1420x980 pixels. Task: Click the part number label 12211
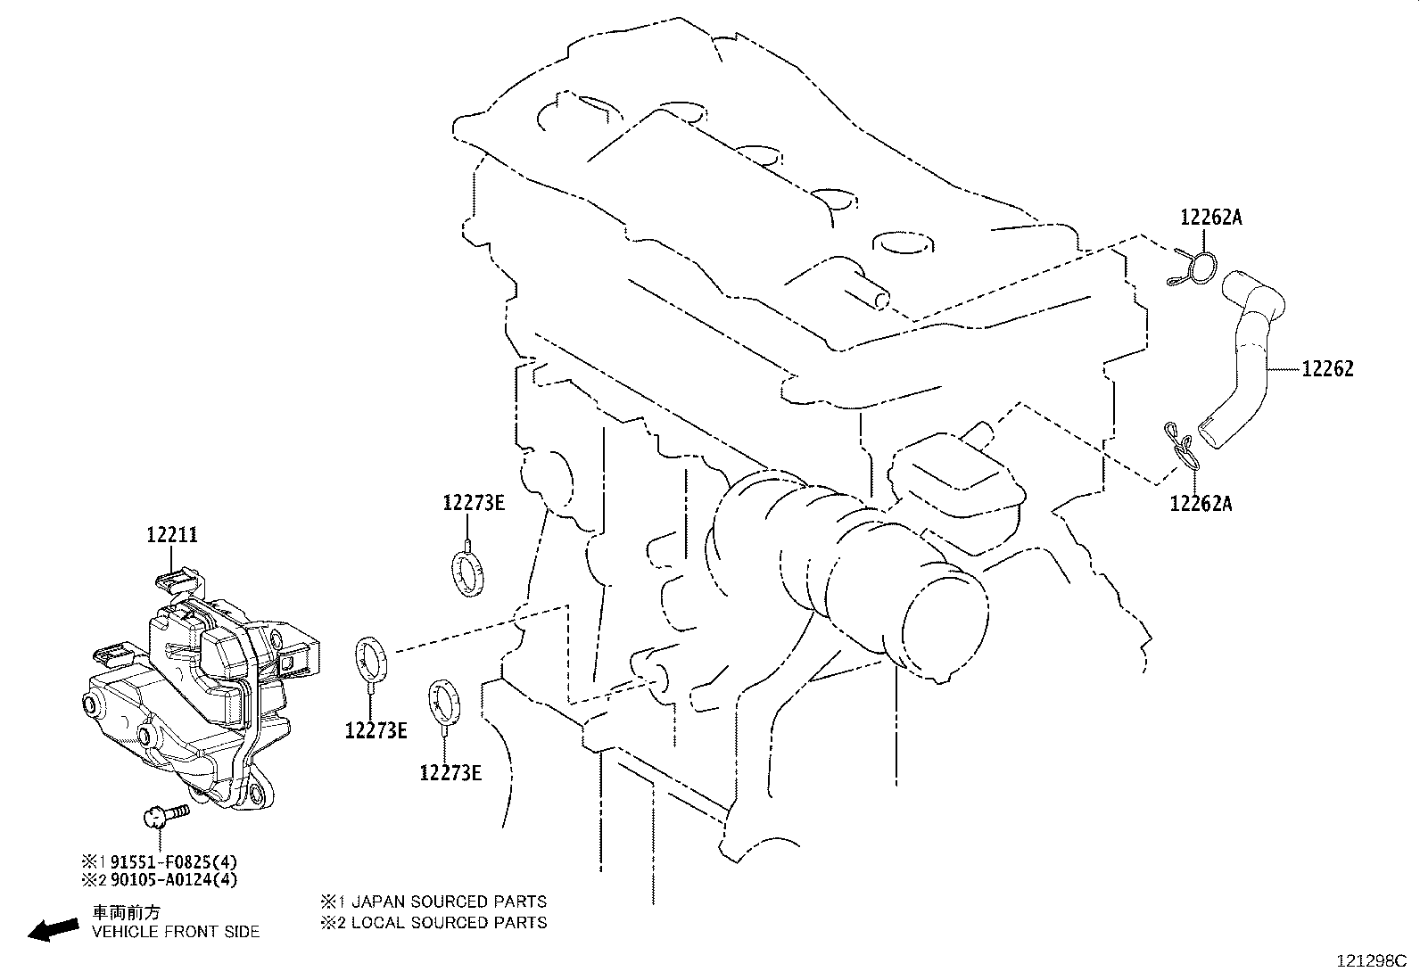[172, 535]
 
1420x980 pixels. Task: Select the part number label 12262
[1327, 369]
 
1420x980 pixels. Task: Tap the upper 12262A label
[1210, 217]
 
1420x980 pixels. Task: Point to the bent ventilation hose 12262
[1249, 357]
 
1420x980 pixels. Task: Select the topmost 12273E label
[474, 503]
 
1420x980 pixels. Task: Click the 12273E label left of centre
[376, 731]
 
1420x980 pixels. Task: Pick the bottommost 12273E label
[450, 773]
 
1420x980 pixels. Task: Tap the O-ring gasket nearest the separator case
[371, 659]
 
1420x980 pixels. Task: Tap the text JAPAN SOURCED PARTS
[449, 902]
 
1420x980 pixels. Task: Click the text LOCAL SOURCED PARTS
[449, 922]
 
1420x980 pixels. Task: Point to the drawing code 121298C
[1370, 961]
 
